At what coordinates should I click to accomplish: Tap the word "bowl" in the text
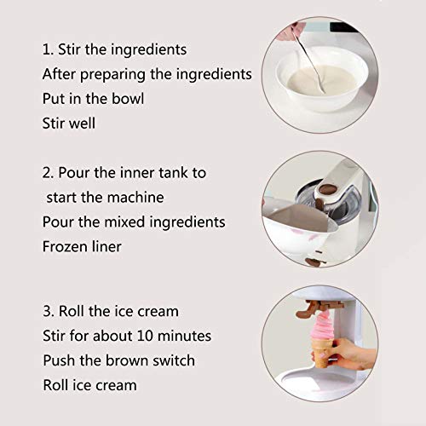click(x=126, y=98)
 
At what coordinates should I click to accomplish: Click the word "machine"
click(x=132, y=197)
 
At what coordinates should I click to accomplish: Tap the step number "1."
click(x=48, y=49)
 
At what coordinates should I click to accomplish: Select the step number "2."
click(x=48, y=172)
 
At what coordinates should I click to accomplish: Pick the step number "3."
click(x=48, y=310)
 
